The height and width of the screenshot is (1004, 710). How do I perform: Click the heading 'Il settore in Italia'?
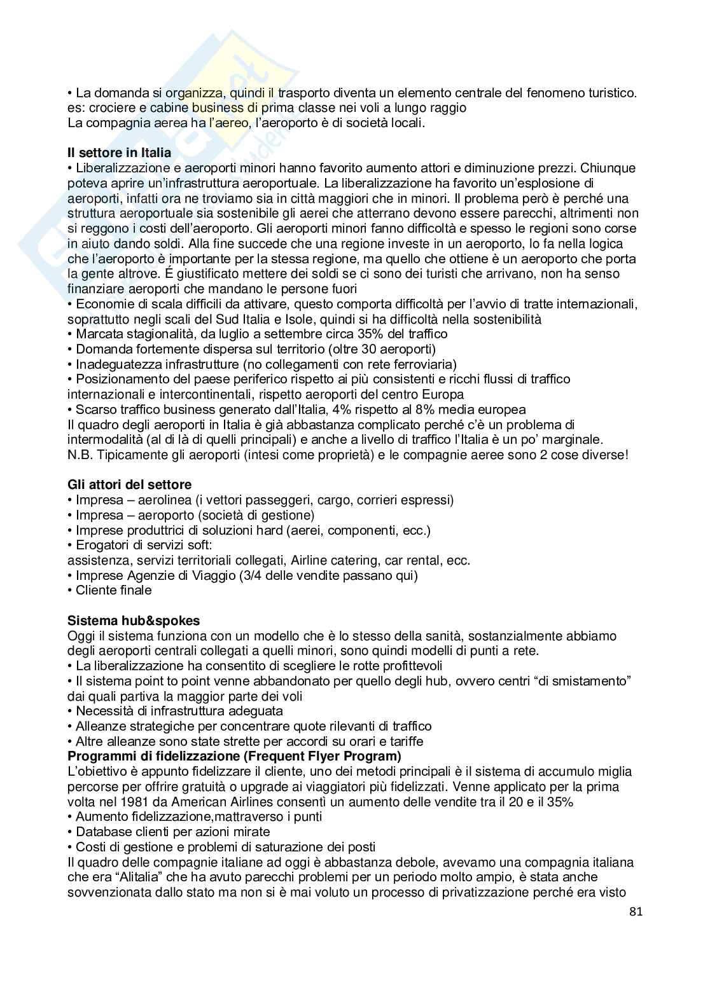(x=119, y=153)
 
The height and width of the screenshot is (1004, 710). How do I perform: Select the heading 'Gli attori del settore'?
(x=129, y=485)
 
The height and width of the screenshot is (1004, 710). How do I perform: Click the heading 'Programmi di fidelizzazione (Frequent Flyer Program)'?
(x=234, y=757)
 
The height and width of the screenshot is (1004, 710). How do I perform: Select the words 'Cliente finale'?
(x=114, y=590)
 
